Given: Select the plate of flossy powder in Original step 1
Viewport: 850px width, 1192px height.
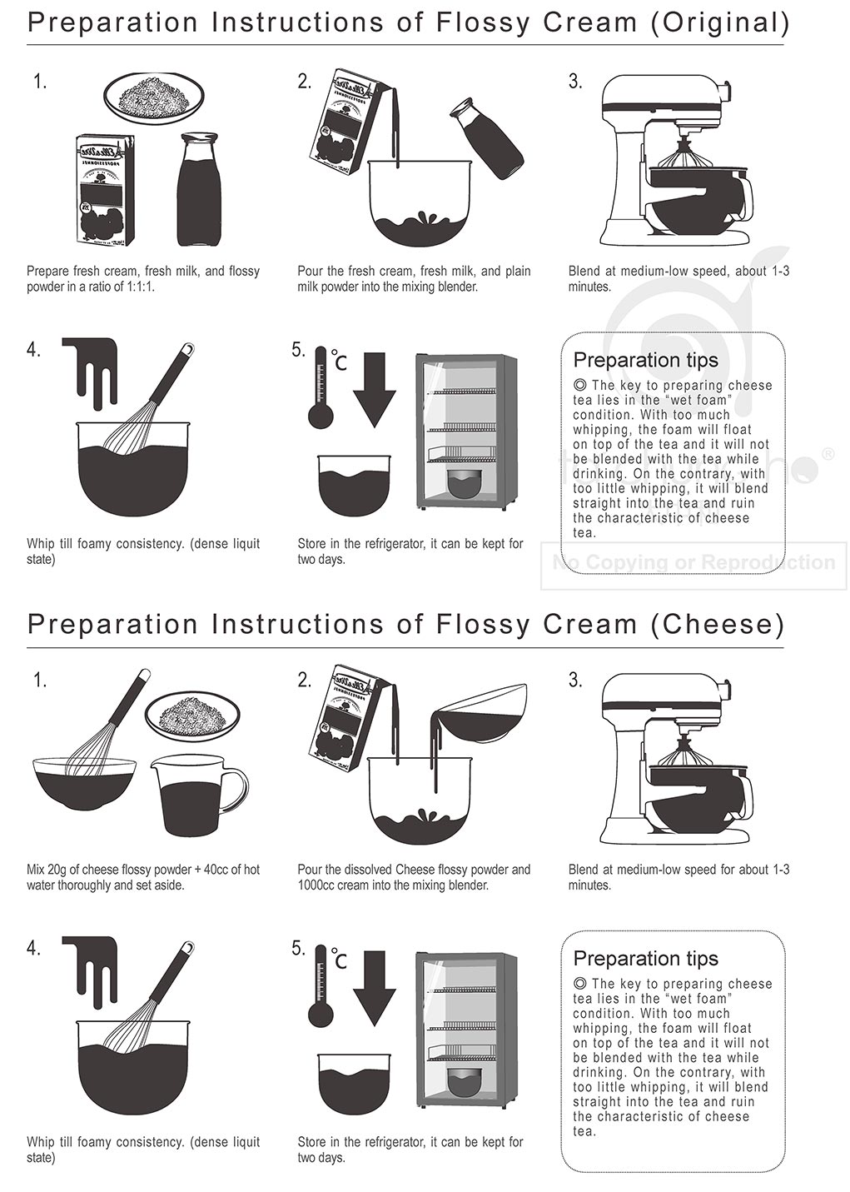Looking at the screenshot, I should click(153, 97).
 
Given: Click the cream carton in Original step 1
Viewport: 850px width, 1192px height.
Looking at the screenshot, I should click(105, 190).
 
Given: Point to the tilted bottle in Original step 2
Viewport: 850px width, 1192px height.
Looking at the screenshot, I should click(487, 137).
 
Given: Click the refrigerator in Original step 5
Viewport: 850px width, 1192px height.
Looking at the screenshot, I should click(465, 432).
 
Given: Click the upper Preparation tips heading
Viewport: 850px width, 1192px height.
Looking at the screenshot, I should click(645, 360).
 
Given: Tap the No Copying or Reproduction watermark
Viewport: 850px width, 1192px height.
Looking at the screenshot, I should click(693, 563).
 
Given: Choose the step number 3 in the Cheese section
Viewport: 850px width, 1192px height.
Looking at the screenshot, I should click(574, 680).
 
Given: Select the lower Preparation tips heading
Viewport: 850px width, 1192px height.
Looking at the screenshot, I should click(645, 959).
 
